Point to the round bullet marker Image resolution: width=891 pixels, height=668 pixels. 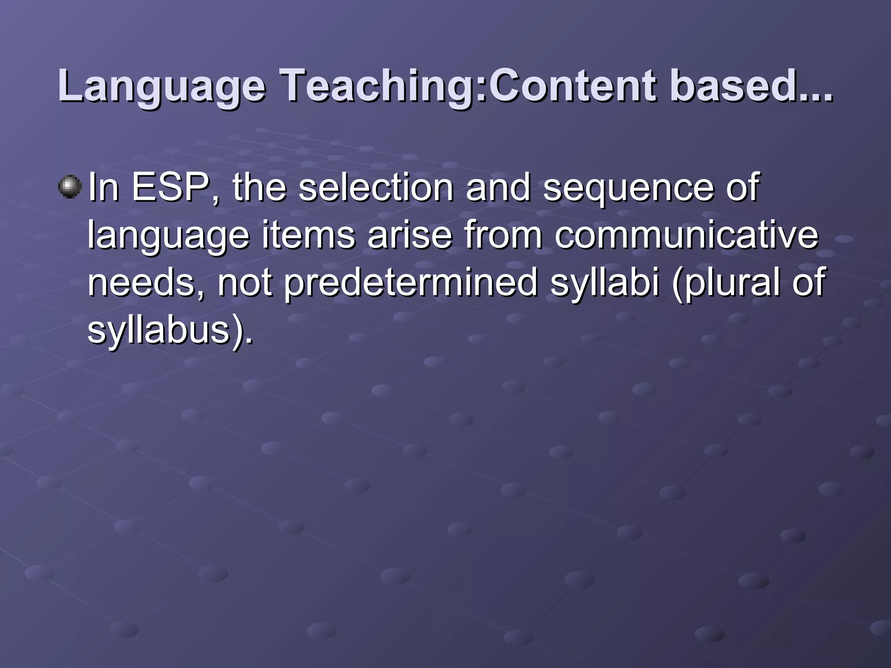point(70,187)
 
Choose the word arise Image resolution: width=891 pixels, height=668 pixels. point(409,235)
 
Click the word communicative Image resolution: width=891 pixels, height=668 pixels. point(686,235)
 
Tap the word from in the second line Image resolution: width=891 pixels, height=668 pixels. point(503,235)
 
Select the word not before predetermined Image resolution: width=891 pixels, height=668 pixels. point(245,283)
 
